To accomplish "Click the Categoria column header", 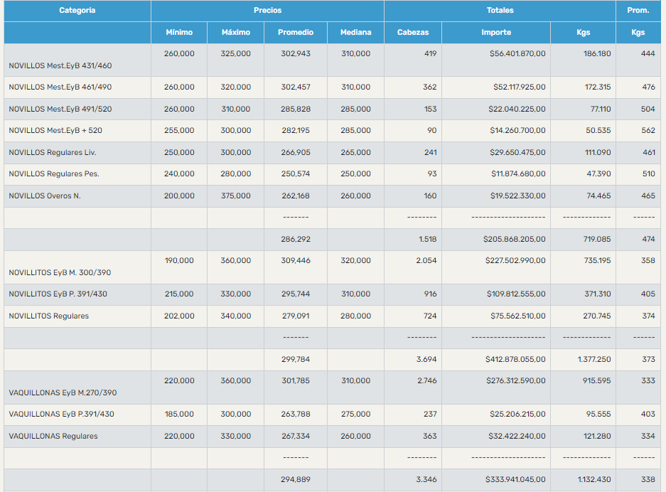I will (x=77, y=11).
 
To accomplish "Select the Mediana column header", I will (x=355, y=33).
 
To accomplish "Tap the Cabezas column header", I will (x=412, y=33).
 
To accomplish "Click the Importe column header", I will (x=495, y=33).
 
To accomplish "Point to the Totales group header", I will (x=500, y=11).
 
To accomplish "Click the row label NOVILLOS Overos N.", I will (x=45, y=196).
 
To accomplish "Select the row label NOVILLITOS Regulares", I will (x=49, y=316).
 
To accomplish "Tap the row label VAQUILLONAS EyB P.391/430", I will (x=61, y=414).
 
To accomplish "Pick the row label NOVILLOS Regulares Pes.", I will (x=54, y=174).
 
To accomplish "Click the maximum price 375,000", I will (x=236, y=196).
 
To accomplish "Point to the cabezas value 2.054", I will (x=426, y=260).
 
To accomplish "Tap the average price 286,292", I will (x=296, y=240).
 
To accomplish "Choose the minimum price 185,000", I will (x=179, y=414).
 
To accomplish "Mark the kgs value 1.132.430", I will (x=588, y=479).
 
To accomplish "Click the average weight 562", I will (x=648, y=130).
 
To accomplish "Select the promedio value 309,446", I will (x=296, y=260).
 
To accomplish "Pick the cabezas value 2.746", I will (x=426, y=380).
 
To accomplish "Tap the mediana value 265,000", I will (x=355, y=152).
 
